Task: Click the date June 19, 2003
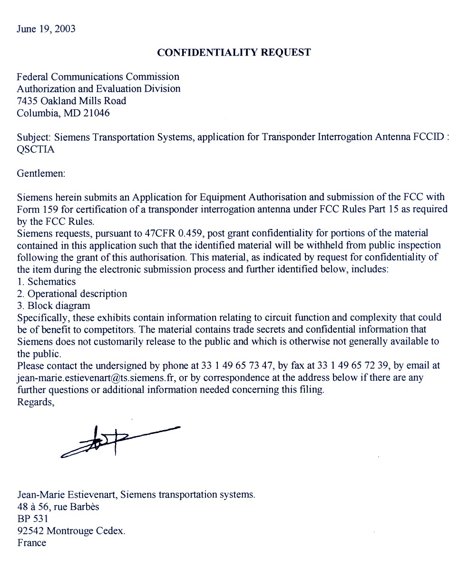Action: (46, 29)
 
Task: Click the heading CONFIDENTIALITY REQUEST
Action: (234, 53)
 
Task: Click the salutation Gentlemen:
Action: (40, 173)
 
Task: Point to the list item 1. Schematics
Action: (46, 282)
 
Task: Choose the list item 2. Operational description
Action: (72, 294)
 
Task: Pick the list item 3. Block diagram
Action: (53, 306)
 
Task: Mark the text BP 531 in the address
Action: (32, 519)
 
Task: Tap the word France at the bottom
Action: (32, 543)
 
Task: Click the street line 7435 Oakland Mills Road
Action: (71, 101)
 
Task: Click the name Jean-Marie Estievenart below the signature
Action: (66, 495)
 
